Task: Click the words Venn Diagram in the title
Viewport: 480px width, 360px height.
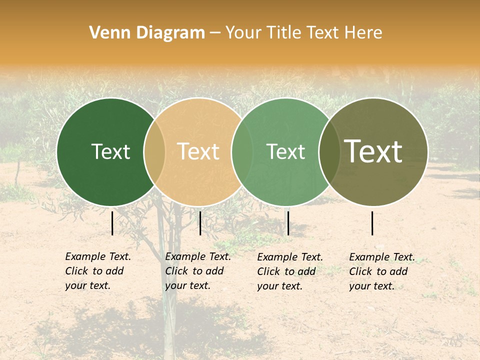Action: [147, 33]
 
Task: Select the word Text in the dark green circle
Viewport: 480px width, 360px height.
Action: [110, 151]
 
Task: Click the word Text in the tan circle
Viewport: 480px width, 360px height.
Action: [198, 151]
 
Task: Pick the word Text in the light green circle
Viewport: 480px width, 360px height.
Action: [285, 151]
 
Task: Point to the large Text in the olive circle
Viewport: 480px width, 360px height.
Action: [373, 151]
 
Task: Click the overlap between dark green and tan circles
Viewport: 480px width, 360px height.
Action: [154, 152]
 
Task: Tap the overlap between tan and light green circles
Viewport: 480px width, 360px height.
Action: [242, 152]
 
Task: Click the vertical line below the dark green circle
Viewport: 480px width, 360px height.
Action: [112, 223]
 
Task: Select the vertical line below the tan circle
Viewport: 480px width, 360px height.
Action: [200, 223]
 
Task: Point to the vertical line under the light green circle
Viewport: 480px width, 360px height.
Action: [288, 223]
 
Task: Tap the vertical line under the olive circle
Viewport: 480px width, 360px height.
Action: [372, 223]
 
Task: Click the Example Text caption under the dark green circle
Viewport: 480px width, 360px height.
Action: [97, 271]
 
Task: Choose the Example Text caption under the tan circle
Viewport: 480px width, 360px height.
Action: [197, 271]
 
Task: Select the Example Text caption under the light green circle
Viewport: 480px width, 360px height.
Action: [289, 271]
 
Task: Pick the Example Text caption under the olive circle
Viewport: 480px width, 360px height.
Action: [381, 271]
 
